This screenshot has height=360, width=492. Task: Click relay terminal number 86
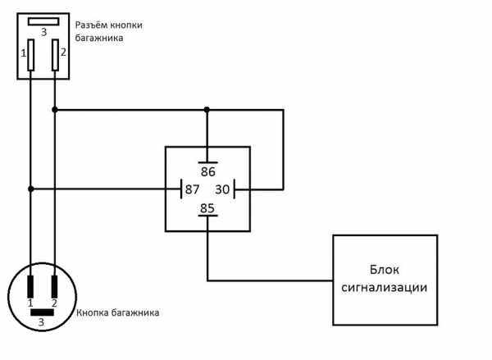point(207,173)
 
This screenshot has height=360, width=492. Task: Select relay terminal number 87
point(193,189)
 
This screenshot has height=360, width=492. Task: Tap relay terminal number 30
point(222,189)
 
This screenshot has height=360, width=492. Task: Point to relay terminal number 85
point(207,207)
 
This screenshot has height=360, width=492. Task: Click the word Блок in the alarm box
point(384,271)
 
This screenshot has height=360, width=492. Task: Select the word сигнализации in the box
point(385,288)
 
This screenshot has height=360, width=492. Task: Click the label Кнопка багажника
point(117,312)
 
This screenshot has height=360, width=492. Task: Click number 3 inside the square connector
point(43,33)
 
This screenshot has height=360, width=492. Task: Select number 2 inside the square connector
point(63,54)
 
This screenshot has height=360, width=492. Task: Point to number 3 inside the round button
point(43,323)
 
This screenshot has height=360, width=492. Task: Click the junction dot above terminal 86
point(207,109)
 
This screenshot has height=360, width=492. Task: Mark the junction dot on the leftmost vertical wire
point(31,189)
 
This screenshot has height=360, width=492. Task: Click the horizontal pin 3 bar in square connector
point(43,21)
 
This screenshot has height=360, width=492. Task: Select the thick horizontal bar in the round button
point(43,312)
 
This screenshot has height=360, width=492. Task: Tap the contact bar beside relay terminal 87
point(180,189)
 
